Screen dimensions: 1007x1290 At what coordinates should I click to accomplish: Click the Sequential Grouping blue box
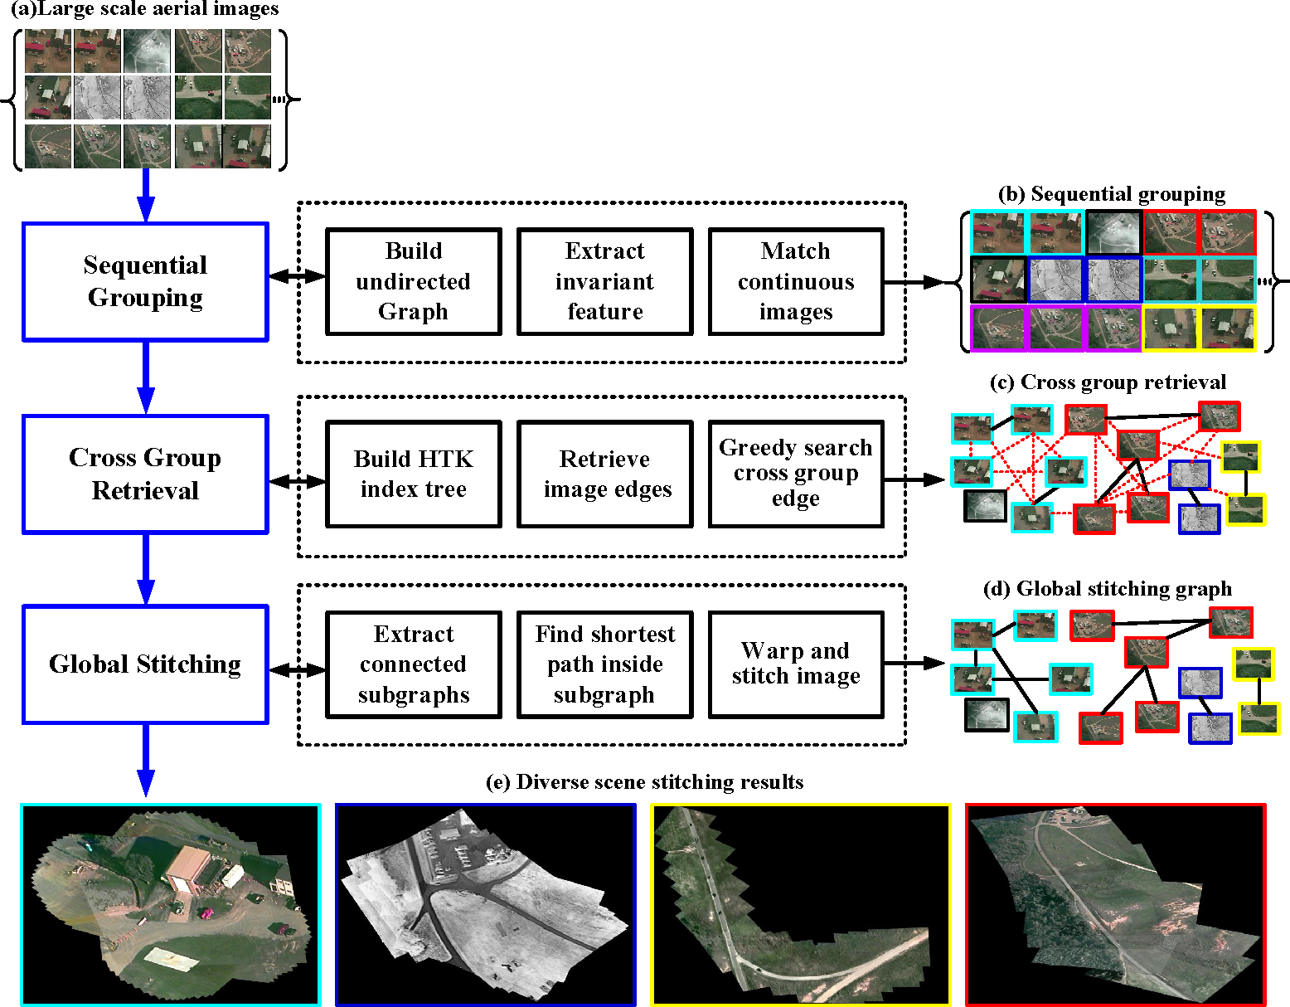pos(145,281)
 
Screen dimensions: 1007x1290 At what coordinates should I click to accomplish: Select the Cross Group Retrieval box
pos(145,474)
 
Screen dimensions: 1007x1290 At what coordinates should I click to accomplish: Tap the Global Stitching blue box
pos(145,664)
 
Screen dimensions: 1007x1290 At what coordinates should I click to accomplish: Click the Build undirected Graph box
pos(414,281)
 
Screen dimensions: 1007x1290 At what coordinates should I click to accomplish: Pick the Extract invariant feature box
pos(604,281)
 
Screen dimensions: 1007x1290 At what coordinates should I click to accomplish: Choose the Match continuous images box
pos(796,281)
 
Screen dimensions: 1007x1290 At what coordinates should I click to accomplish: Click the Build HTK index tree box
pos(414,474)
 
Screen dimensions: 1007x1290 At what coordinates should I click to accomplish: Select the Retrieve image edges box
pos(604,474)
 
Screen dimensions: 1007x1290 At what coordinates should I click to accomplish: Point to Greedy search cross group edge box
pos(796,474)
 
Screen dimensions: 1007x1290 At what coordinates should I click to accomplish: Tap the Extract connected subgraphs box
pos(414,664)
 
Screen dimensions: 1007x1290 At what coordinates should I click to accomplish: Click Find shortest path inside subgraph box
pos(604,664)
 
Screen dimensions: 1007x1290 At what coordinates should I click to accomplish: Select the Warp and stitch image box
pos(796,664)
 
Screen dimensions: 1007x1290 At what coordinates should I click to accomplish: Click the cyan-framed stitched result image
pos(171,904)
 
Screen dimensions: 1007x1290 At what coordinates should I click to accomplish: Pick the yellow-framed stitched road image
pos(801,904)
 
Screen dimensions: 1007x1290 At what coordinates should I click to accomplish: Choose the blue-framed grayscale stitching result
pos(485,904)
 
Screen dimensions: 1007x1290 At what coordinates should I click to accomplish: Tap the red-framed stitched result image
pos(1116,904)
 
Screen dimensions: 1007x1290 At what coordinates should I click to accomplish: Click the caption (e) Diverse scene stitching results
pos(644,782)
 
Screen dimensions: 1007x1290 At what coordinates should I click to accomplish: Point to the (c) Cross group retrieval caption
pos(1108,382)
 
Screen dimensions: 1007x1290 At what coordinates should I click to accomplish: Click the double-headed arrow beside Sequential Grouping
pos(297,276)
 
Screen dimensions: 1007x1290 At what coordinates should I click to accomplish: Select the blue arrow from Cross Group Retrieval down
pos(146,568)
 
